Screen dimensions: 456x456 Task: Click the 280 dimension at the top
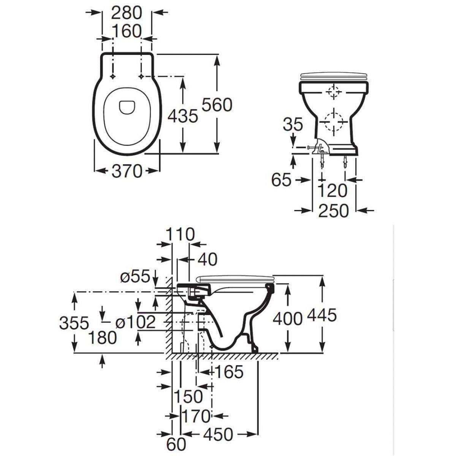pyautogui.click(x=127, y=13)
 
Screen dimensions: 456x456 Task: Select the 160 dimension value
pyautogui.click(x=127, y=31)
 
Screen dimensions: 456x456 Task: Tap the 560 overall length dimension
pyautogui.click(x=217, y=105)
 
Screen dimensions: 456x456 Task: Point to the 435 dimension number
pyautogui.click(x=182, y=116)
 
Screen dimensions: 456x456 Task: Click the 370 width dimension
pyautogui.click(x=127, y=171)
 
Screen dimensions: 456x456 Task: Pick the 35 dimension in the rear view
pyautogui.click(x=293, y=124)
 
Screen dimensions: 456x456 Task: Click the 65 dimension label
pyautogui.click(x=281, y=180)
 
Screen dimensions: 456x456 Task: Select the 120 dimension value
pyautogui.click(x=332, y=190)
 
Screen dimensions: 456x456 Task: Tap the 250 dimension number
pyautogui.click(x=333, y=211)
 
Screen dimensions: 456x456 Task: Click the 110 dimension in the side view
pyautogui.click(x=180, y=234)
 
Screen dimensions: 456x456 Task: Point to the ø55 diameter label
pyautogui.click(x=135, y=276)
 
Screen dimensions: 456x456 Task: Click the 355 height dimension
pyautogui.click(x=74, y=323)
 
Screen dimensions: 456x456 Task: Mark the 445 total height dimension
pyautogui.click(x=321, y=315)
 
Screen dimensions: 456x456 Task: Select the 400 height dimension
pyautogui.click(x=288, y=318)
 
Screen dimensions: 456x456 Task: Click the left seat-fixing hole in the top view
pyautogui.click(x=113, y=76)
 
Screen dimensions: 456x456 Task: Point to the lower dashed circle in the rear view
pyautogui.click(x=334, y=121)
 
